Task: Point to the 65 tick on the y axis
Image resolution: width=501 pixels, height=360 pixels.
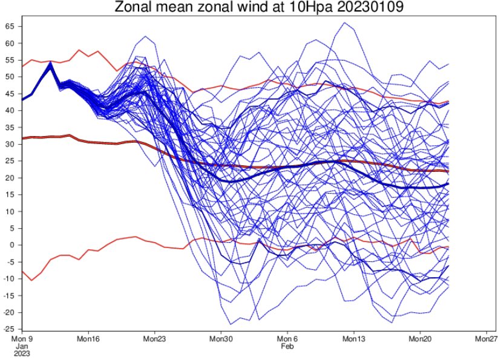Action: [10, 26]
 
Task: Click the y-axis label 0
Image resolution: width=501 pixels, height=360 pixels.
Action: [13, 245]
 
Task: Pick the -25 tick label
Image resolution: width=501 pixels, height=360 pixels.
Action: [8, 329]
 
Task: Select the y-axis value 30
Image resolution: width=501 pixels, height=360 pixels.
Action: [10, 144]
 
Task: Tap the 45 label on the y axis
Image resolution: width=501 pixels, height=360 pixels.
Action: [10, 94]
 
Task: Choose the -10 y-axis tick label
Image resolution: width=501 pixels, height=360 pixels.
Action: [8, 278]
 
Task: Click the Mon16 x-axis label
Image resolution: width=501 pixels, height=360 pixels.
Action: [88, 339]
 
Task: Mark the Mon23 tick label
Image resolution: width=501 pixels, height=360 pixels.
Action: [155, 339]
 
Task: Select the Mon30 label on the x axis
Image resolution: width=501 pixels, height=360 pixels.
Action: [221, 339]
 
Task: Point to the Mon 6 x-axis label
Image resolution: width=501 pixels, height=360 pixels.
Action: [287, 339]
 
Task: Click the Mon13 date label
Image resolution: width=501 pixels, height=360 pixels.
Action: [354, 339]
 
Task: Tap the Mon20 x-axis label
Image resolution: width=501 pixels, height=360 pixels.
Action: [420, 339]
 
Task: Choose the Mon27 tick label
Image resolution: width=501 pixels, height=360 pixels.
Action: [486, 339]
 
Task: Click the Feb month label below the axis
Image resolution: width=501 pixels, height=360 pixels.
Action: [287, 346]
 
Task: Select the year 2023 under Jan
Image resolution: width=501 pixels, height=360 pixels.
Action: [22, 353]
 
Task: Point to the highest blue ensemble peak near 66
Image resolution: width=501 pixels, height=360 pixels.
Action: [344, 22]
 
